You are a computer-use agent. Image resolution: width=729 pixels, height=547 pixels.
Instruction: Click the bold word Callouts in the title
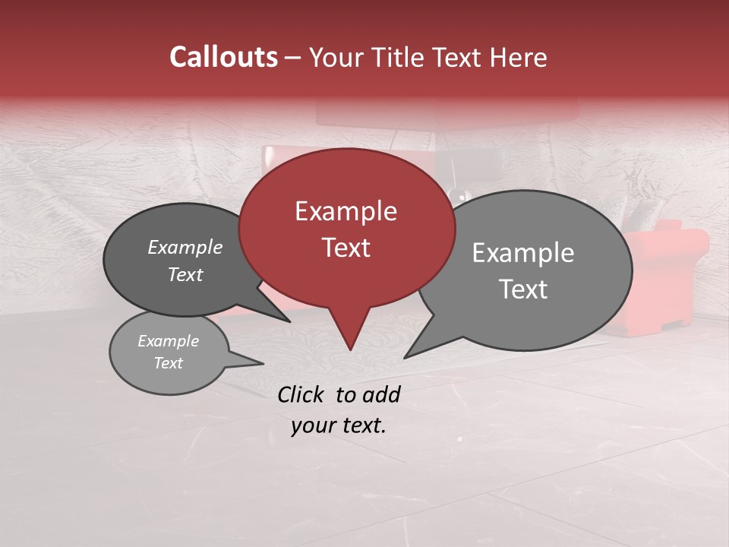point(223,57)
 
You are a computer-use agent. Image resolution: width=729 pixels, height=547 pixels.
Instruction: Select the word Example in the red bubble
point(346,211)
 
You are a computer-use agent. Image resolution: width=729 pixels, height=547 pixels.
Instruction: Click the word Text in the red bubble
point(346,248)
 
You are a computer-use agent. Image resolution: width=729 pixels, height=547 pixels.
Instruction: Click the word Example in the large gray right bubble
point(523,252)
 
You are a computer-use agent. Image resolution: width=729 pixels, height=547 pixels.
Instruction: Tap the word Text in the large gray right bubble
point(523,289)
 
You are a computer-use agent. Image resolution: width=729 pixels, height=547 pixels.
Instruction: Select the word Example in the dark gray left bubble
point(185,247)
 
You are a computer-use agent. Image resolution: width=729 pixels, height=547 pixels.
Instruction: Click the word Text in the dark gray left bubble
point(185,274)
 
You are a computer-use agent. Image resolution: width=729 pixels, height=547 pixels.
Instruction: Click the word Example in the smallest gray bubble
point(168,341)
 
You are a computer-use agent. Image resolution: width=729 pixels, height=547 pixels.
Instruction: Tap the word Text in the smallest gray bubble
point(168,363)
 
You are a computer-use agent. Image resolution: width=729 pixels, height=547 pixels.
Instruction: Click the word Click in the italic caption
point(301,394)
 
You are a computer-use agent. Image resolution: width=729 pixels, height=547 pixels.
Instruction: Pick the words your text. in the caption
point(339,425)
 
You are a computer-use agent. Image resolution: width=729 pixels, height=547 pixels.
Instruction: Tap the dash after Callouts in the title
point(293,58)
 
